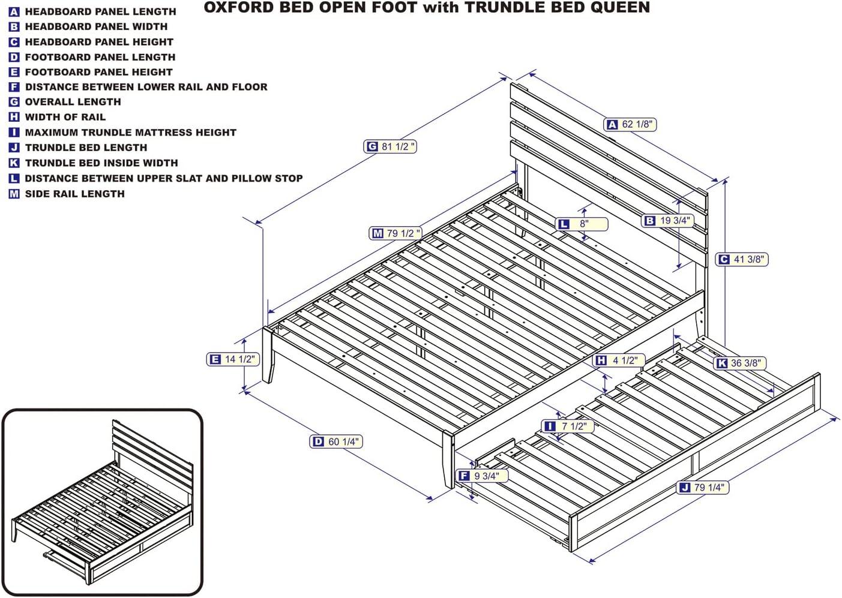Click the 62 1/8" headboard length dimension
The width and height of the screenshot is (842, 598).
[x=630, y=124]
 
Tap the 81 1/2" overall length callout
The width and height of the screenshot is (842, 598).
[x=391, y=146]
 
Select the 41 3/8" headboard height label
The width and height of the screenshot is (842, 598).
[x=742, y=259]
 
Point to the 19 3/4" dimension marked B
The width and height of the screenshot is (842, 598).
[x=667, y=221]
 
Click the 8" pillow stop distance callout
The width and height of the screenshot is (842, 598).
[x=582, y=224]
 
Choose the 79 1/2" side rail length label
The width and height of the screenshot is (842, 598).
[x=395, y=233]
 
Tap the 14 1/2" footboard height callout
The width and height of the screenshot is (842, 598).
[x=232, y=359]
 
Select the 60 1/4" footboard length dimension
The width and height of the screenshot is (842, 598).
[x=336, y=441]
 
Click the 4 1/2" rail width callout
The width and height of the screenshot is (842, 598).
[x=618, y=360]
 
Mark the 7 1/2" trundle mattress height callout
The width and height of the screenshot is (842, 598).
[x=567, y=426]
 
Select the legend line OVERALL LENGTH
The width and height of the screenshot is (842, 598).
[x=73, y=102]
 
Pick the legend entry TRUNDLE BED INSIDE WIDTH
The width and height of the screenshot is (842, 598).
[x=101, y=163]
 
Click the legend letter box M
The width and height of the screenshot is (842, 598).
[x=14, y=194]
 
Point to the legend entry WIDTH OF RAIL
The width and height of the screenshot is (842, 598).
[x=65, y=117]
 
